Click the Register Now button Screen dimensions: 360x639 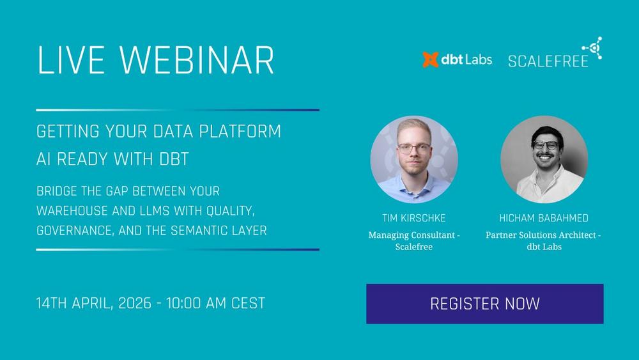[x=484, y=304]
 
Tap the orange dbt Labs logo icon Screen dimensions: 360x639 [x=430, y=59]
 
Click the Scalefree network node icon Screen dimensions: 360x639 [x=592, y=48]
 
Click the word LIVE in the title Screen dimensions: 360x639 [x=70, y=61]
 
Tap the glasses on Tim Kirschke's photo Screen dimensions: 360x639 [x=413, y=148]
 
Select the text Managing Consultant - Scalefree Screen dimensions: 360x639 [x=414, y=240]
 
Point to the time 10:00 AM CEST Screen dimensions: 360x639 [x=215, y=303]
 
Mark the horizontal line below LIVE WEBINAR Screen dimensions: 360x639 [x=178, y=110]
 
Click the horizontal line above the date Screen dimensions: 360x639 [x=178, y=249]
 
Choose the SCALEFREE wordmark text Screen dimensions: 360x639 [x=548, y=61]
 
